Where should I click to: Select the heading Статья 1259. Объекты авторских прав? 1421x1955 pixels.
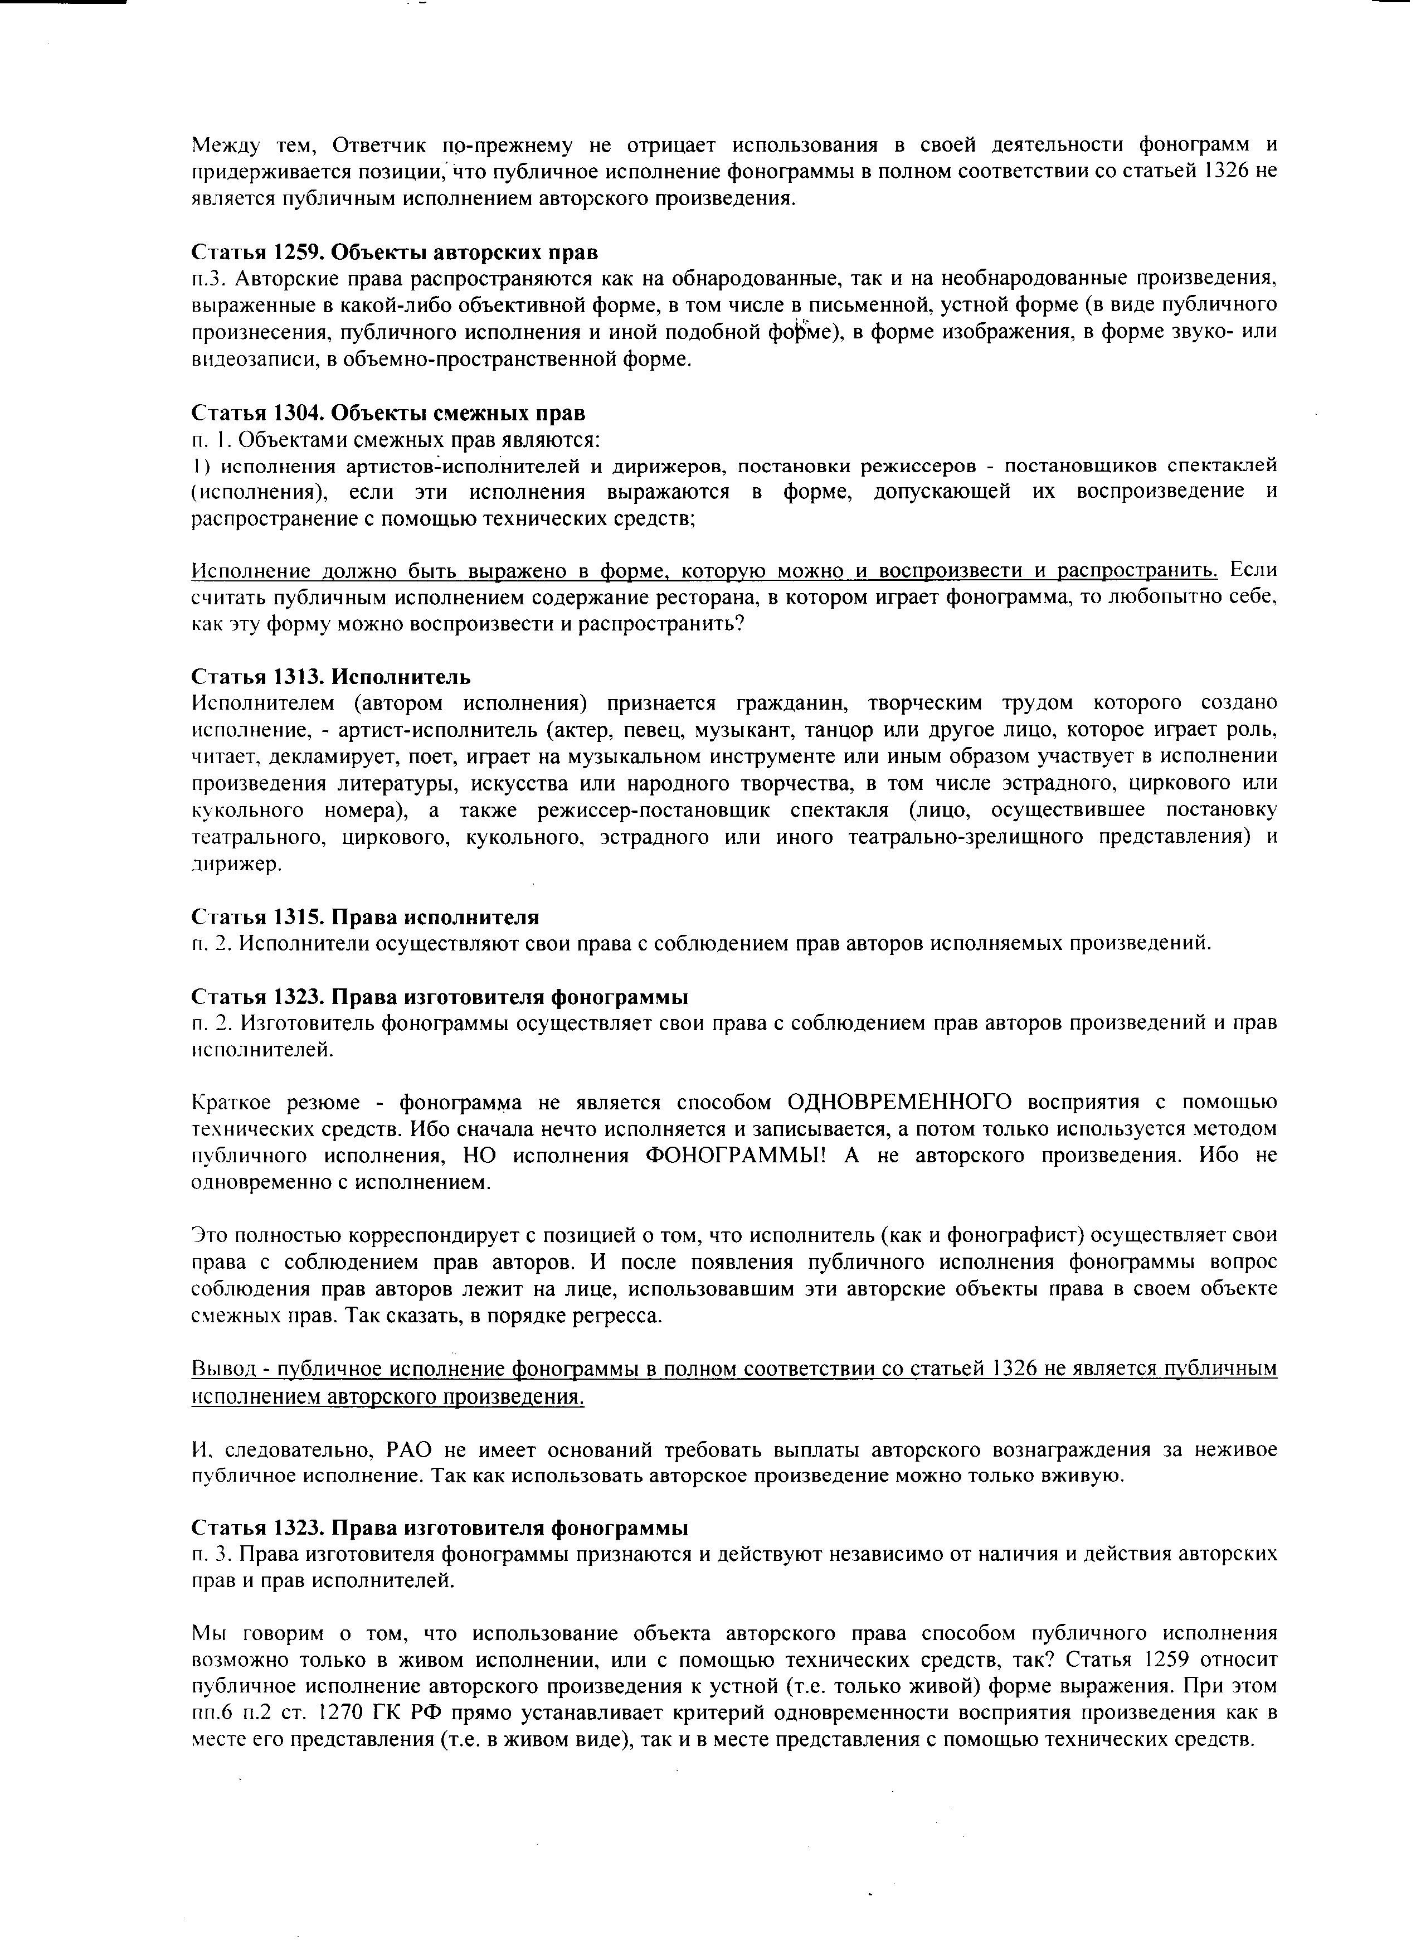[x=394, y=252]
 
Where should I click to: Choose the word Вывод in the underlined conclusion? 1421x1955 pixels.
[x=217, y=1369]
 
